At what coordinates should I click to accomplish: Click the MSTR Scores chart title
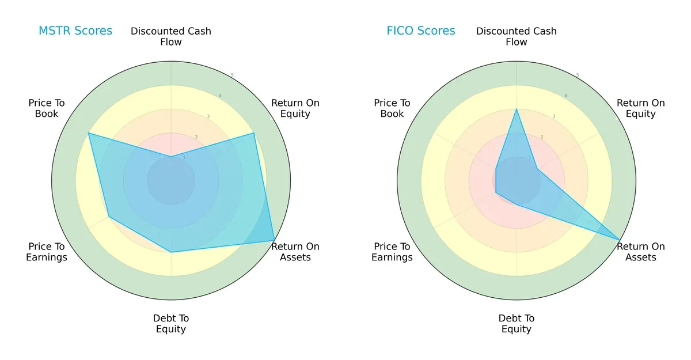pos(75,31)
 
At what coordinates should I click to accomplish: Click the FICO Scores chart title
pos(420,31)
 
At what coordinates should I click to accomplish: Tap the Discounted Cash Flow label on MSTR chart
pos(171,36)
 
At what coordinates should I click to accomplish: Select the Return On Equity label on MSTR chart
pos(295,108)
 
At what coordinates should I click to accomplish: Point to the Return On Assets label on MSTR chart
pos(295,252)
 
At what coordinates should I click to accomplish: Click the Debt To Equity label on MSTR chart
pos(171,324)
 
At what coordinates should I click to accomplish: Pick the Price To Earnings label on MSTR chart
pos(47,252)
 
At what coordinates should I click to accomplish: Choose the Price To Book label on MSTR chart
pos(47,108)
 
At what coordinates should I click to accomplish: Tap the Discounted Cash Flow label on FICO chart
pos(517,36)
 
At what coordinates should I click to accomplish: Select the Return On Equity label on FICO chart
pos(641,108)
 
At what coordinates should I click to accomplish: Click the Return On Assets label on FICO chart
pos(641,252)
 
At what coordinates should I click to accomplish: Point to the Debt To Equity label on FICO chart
pos(517,324)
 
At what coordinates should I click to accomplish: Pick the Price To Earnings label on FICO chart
pos(392,252)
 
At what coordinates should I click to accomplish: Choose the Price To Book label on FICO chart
pos(392,108)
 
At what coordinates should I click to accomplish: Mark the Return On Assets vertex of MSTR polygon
pos(274,240)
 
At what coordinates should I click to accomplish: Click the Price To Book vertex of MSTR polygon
pos(89,133)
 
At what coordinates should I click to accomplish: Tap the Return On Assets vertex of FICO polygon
pos(620,240)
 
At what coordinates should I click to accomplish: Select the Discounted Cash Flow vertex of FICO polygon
pos(517,109)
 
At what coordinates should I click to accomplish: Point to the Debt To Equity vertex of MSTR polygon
pos(171,252)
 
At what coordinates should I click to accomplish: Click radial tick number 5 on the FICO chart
pos(578,75)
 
